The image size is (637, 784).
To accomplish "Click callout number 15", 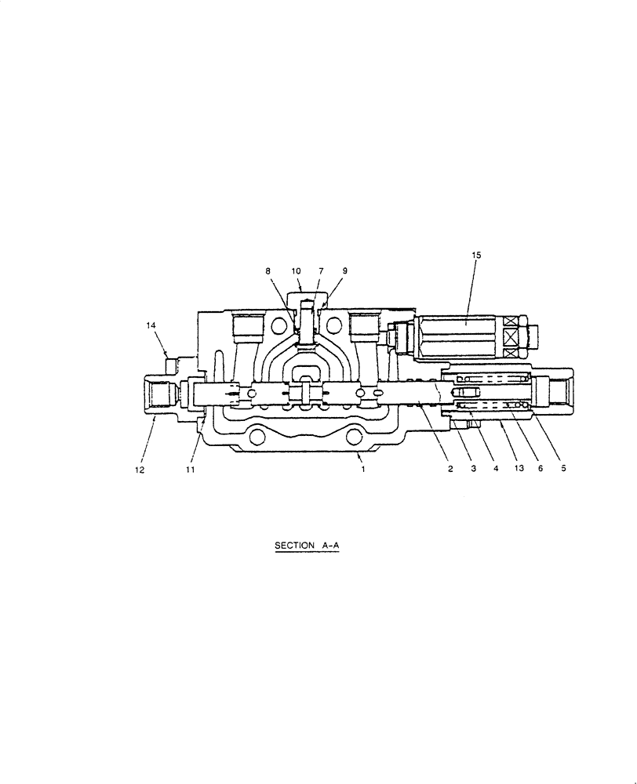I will [476, 256].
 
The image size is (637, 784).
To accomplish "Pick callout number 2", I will [450, 469].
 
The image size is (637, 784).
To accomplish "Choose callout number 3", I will [473, 469].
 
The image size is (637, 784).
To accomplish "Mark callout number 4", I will [496, 469].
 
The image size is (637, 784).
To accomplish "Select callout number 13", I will [519, 469].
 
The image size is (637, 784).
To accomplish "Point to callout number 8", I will [268, 270].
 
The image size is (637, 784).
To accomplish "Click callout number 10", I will [297, 270].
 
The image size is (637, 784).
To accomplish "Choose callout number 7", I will [320, 270].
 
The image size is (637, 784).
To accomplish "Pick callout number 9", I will [344, 270].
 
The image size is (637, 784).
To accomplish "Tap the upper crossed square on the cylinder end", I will [511, 322].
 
